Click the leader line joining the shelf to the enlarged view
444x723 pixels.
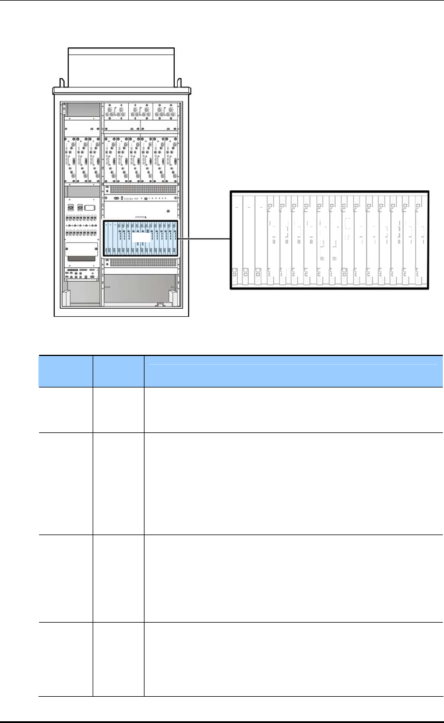pos(201,238)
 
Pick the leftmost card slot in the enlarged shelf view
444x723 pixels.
pos(237,239)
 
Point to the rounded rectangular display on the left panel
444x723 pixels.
pos(90,207)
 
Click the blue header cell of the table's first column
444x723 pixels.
pos(65,371)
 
